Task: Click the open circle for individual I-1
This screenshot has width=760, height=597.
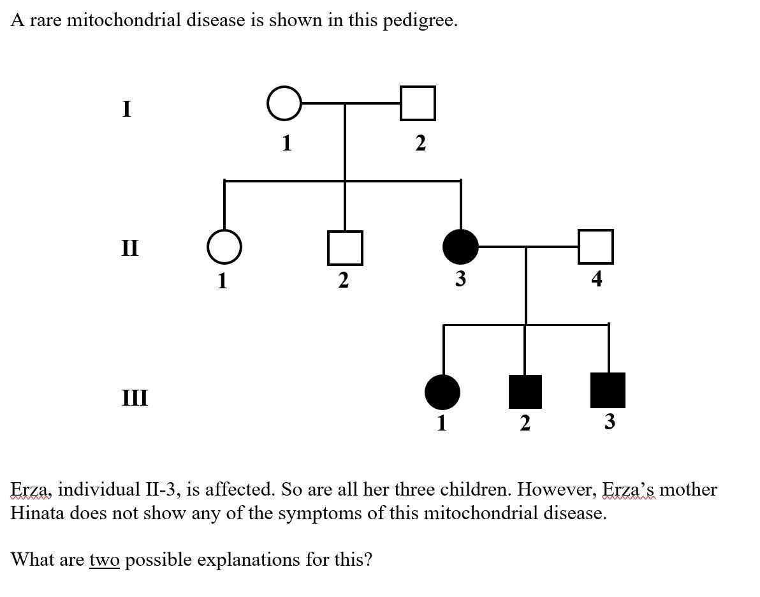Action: click(x=284, y=103)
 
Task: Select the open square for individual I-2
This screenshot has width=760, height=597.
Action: click(x=418, y=103)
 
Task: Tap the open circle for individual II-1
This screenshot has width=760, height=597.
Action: click(x=224, y=247)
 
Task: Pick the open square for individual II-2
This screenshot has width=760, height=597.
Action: click(x=345, y=247)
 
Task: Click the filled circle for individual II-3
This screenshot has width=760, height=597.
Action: click(x=460, y=247)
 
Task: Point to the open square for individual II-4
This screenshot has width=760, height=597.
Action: click(x=596, y=247)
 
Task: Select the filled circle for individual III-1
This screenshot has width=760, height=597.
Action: click(x=442, y=391)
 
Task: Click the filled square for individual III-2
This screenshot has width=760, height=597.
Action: click(x=525, y=391)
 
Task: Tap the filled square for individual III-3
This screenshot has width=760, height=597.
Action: click(x=608, y=390)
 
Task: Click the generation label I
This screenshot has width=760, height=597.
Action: click(x=127, y=110)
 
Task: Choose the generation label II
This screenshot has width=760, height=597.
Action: click(x=129, y=247)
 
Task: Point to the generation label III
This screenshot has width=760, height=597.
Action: click(x=135, y=398)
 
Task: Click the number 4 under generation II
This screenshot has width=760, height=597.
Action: click(x=596, y=279)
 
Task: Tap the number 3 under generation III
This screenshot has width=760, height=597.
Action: click(x=610, y=422)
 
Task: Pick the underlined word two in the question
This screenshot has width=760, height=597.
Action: click(x=104, y=560)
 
